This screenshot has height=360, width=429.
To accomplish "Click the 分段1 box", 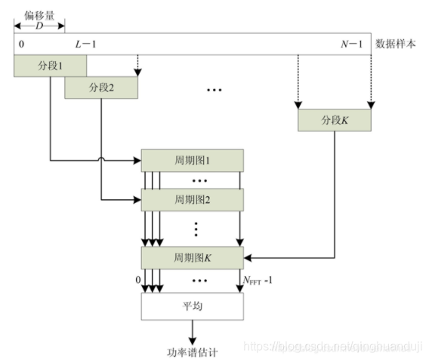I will tap(50, 66).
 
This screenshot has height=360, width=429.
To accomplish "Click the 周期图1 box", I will tap(192, 160).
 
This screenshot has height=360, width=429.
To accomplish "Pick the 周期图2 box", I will tap(192, 200).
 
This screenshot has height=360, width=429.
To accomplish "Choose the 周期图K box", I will tap(192, 257).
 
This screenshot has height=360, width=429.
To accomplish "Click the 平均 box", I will tap(192, 306).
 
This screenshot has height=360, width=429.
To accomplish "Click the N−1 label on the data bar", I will tap(353, 44).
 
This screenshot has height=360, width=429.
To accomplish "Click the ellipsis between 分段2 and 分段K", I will tap(214, 91).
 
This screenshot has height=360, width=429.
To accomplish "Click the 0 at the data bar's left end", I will tap(21, 44).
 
